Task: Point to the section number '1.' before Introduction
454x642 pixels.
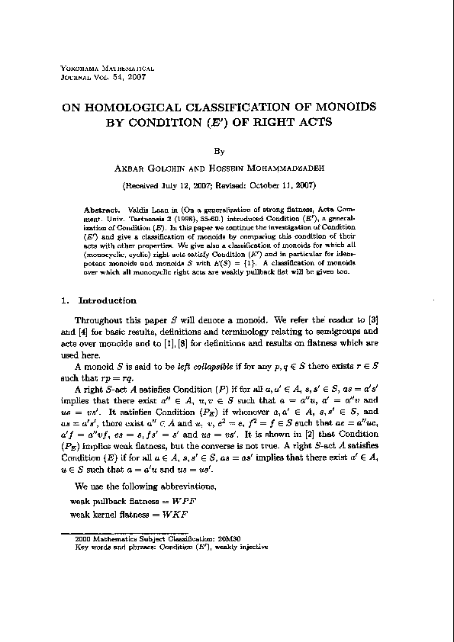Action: (x=66, y=300)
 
